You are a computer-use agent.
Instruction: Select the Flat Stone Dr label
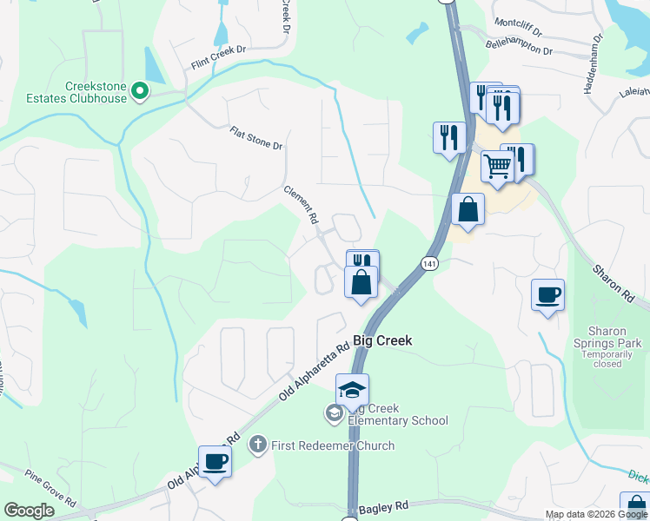pyautogui.click(x=256, y=138)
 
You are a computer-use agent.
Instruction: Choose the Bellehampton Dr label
pyautogui.click(x=518, y=46)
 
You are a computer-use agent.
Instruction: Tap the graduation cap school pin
pyautogui.click(x=352, y=390)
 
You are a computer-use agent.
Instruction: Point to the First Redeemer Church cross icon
pyautogui.click(x=257, y=445)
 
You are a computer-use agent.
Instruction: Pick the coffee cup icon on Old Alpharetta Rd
pyautogui.click(x=215, y=461)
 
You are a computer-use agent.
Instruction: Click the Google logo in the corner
pyautogui.click(x=30, y=511)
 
